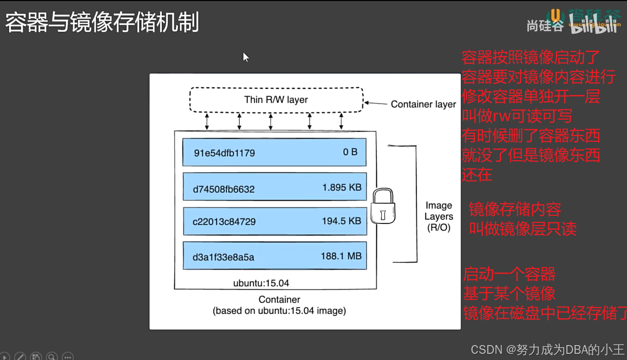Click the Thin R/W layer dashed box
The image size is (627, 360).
click(276, 100)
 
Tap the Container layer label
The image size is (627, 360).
click(423, 104)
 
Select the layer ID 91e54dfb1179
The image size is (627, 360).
click(224, 153)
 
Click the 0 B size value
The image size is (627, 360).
click(350, 152)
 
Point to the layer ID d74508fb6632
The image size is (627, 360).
click(224, 189)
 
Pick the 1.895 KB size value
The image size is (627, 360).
click(342, 187)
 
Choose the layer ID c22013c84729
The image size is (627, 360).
click(224, 222)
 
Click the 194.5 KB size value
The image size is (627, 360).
click(341, 221)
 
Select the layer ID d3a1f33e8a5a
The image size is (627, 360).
click(223, 257)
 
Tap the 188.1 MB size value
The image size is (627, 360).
click(341, 256)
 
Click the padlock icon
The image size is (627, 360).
click(383, 206)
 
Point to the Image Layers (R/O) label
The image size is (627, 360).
click(439, 216)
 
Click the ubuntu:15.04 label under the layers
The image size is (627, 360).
click(261, 283)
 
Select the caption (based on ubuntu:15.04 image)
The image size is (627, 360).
click(279, 311)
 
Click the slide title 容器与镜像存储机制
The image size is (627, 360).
click(102, 23)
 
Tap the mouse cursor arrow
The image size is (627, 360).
click(245, 56)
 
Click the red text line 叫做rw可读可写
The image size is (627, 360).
click(517, 117)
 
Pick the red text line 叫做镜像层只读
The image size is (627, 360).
click(523, 229)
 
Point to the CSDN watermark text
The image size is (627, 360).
click(547, 349)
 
